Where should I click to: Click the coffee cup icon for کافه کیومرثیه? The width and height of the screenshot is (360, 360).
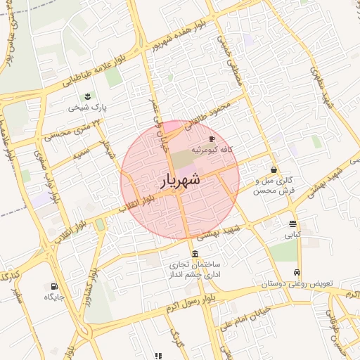212,139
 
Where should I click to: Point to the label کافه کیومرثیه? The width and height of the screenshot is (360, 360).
212,150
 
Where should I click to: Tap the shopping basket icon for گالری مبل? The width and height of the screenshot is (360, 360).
274,169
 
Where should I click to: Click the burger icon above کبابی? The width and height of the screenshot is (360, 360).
292,224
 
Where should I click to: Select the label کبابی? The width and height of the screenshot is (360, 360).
292,234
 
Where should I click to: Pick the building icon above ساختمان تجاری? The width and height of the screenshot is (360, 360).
194,254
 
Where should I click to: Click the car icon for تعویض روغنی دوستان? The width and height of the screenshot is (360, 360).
297,272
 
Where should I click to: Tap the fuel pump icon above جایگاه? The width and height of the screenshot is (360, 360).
54,286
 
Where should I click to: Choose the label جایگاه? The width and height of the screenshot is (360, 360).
54,297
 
